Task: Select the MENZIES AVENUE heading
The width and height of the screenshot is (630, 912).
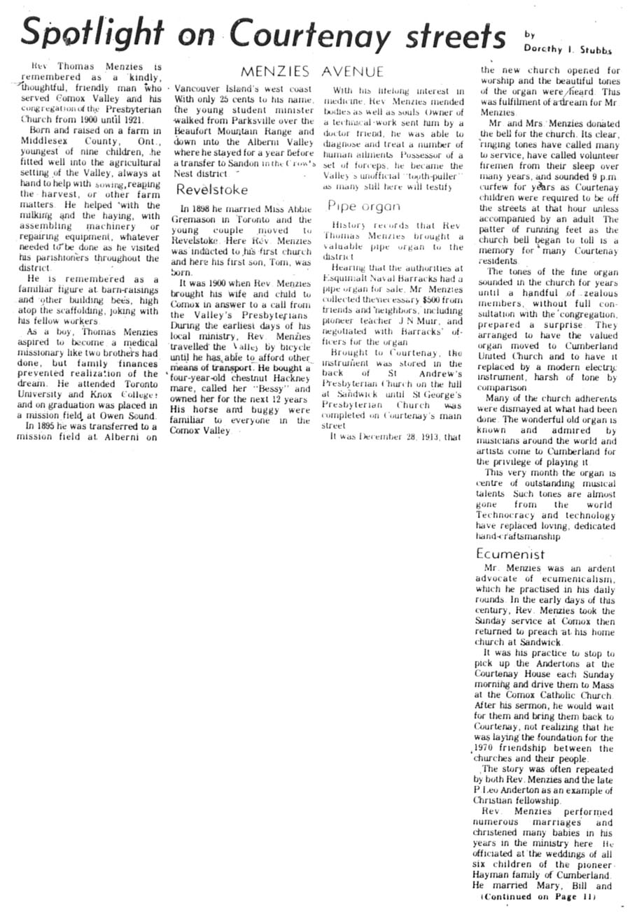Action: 311,71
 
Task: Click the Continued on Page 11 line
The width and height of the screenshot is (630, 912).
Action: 538,896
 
